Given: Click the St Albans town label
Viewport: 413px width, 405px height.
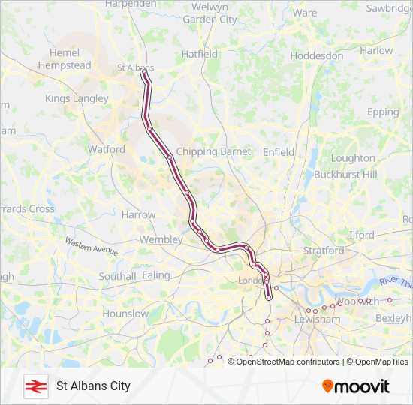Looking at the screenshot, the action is point(135,67).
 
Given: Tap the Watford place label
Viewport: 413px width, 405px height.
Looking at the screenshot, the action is point(107,149).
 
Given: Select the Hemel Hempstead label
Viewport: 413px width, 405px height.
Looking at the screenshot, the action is point(69,59).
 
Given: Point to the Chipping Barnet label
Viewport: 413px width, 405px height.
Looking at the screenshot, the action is point(213,151).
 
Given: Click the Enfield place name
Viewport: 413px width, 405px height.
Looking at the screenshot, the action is point(279,151).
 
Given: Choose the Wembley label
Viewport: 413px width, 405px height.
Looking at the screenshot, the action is point(161,239).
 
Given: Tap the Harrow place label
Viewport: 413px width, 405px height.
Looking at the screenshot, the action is point(138,214).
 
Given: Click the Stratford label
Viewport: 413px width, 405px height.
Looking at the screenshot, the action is point(322,250).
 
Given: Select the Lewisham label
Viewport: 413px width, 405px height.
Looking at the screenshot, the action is point(318,319).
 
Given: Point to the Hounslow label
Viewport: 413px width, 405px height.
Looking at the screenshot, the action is point(125,313).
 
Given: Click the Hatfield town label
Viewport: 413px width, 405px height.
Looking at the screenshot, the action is point(200,54).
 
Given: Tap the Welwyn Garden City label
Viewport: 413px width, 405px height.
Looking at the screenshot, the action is point(210,13).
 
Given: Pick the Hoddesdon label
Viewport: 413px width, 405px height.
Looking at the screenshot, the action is point(316,55).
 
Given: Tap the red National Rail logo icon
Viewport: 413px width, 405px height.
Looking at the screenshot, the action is point(33,385).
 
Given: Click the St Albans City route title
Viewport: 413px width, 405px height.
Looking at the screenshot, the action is point(93,385).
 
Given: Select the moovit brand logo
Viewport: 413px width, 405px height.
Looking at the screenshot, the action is point(356,385).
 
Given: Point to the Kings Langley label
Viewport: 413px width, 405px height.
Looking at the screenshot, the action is point(77,98).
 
